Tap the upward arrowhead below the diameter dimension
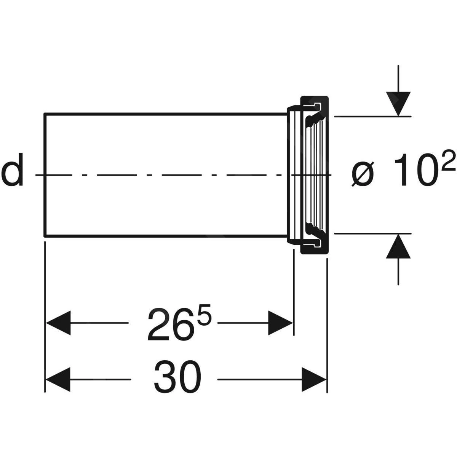tap(398, 247)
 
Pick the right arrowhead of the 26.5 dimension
tap(281, 323)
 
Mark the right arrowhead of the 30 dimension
tap(314, 379)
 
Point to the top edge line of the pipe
tap(164, 113)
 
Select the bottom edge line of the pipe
tap(164, 236)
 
